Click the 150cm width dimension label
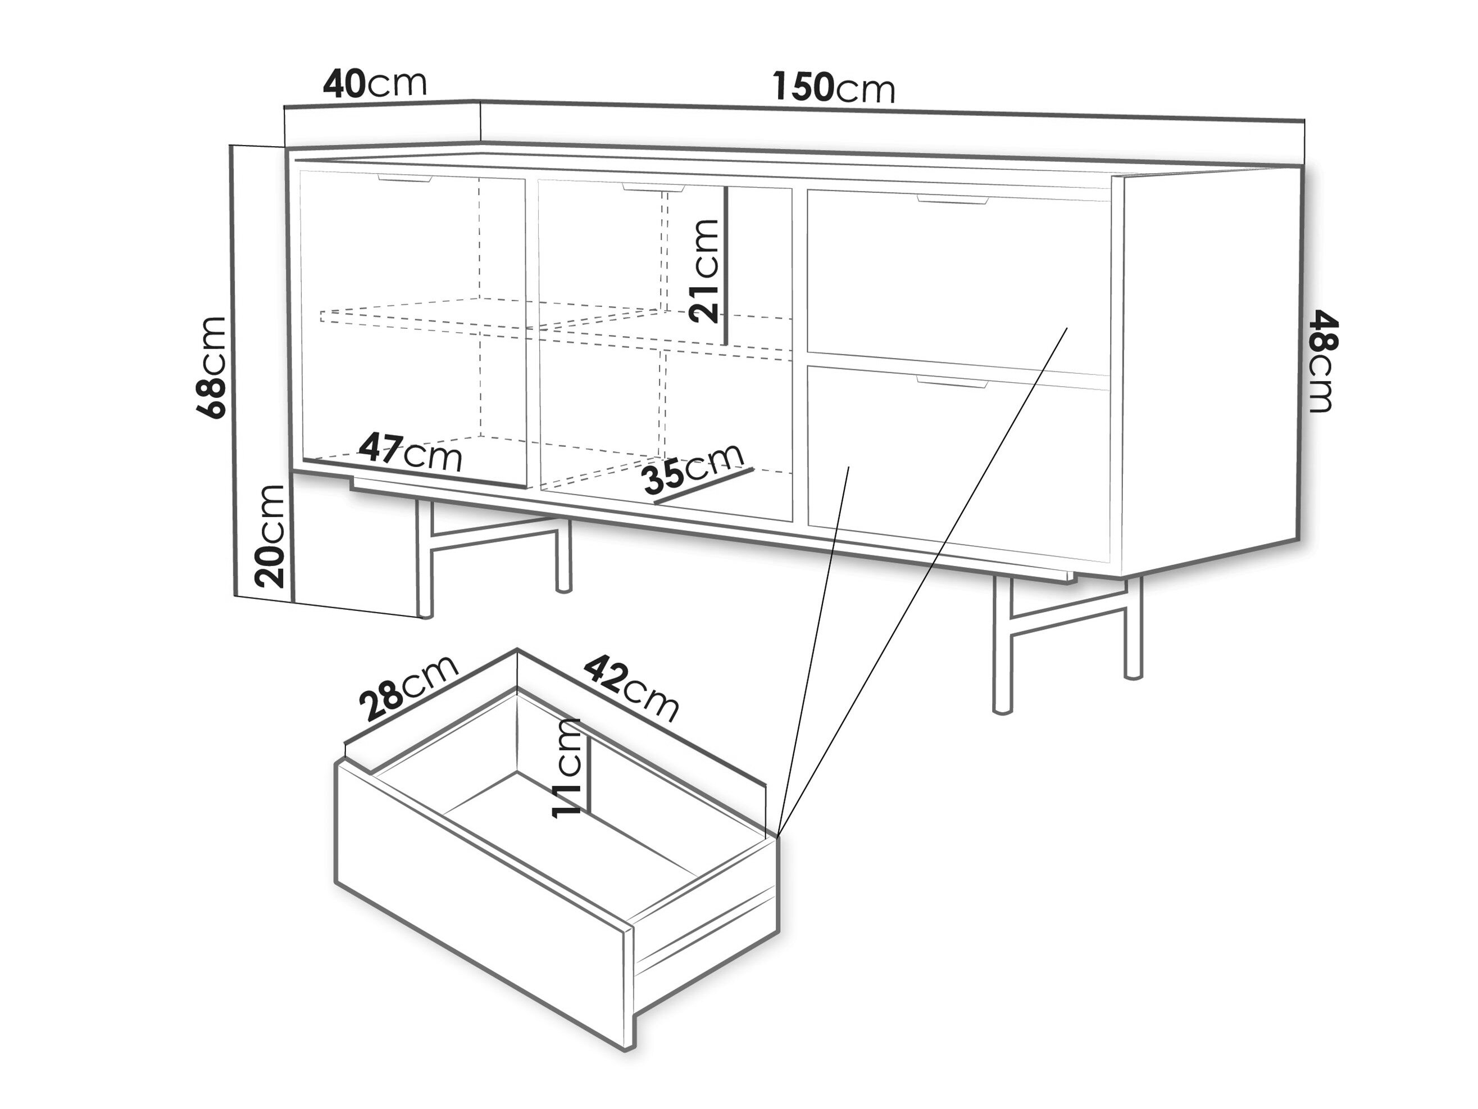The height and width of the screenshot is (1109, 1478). (833, 88)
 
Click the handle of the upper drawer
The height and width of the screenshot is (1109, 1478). (952, 199)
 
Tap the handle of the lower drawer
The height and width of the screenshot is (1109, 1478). (952, 382)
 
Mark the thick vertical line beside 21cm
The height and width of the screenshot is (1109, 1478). (726, 265)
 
